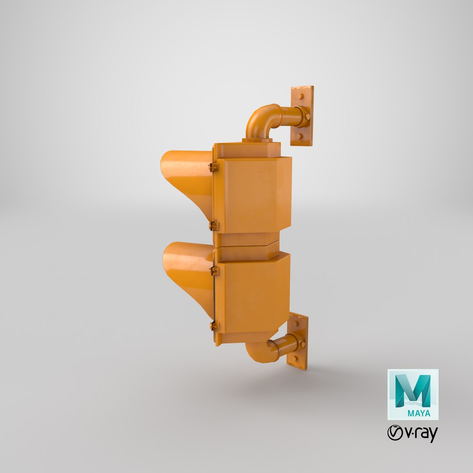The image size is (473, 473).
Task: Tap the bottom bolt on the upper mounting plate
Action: point(299,136)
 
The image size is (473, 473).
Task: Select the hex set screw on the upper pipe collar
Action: point(308,116)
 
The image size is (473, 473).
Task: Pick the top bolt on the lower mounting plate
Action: point(297,323)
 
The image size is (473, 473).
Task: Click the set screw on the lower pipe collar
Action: point(302,344)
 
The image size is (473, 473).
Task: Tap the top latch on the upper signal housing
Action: point(213,167)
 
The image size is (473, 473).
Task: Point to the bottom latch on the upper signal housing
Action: point(213,226)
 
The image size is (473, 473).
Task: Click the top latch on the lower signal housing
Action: point(214,271)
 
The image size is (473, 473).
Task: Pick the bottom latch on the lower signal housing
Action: point(214,326)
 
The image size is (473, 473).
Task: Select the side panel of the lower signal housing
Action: point(252,296)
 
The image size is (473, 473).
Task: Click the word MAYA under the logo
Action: point(419,413)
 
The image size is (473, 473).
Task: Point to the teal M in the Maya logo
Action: point(413,390)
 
